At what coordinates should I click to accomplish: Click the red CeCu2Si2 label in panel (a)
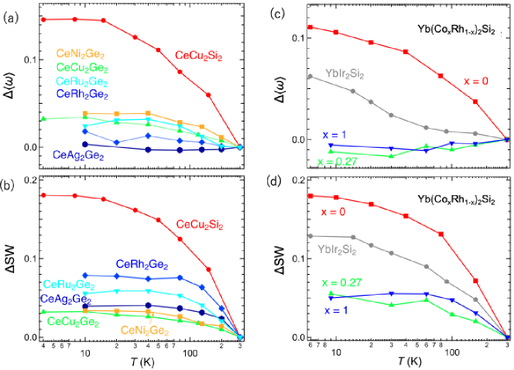point(200,56)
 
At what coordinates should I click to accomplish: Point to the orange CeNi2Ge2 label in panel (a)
point(81,55)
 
